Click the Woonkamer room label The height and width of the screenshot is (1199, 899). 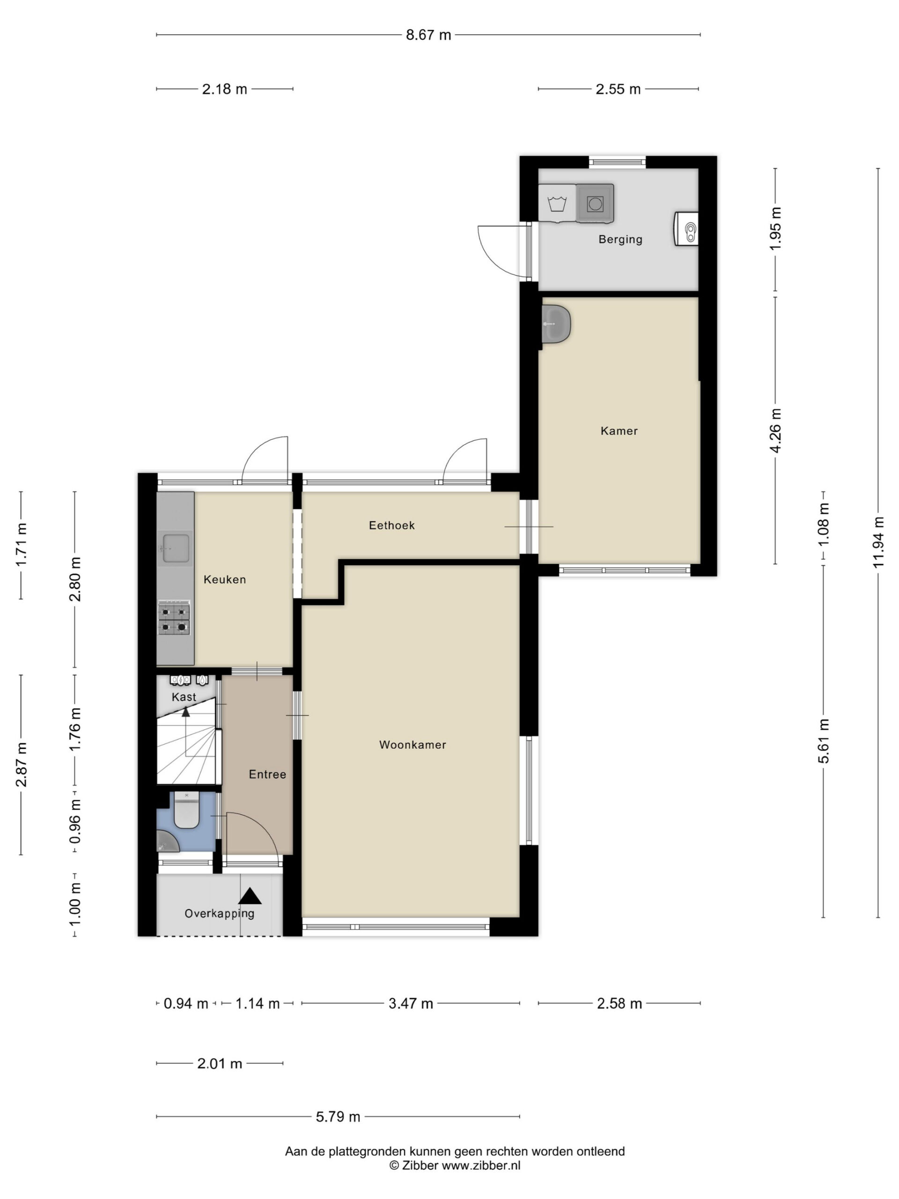click(413, 745)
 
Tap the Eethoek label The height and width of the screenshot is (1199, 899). click(392, 525)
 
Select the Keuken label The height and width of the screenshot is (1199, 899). click(225, 579)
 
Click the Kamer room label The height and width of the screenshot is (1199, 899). click(619, 431)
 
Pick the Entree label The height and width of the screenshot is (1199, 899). click(268, 775)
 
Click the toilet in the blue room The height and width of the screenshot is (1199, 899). click(187, 810)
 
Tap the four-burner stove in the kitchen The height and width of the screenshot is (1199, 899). click(174, 617)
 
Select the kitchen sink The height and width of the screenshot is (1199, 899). click(176, 548)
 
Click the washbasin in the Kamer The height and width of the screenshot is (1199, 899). click(556, 324)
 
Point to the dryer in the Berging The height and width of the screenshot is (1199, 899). click(595, 203)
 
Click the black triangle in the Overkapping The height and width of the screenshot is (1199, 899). click(250, 896)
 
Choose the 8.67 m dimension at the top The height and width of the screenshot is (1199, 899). click(428, 35)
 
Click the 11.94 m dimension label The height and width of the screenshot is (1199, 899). click(878, 542)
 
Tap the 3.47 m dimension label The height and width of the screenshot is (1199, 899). click(411, 1004)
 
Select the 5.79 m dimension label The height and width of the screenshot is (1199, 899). click(338, 1117)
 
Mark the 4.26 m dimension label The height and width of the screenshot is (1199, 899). click(775, 430)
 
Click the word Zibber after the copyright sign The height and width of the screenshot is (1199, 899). click(420, 1165)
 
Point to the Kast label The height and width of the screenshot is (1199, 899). click(184, 697)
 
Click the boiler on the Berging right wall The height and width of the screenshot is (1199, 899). click(686, 229)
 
